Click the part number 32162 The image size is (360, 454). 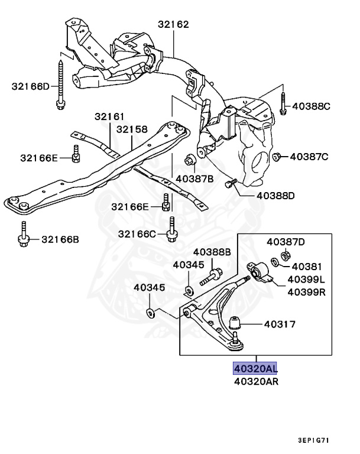[x=173, y=25]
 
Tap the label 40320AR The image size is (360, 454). [x=256, y=381]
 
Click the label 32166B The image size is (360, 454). [x=60, y=239]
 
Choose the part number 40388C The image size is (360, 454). [x=310, y=106]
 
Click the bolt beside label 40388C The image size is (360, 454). [x=283, y=103]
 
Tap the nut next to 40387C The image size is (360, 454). [x=276, y=157]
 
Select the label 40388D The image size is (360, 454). [x=275, y=195]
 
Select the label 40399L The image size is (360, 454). [x=307, y=279]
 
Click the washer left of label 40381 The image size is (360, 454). [x=275, y=262]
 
